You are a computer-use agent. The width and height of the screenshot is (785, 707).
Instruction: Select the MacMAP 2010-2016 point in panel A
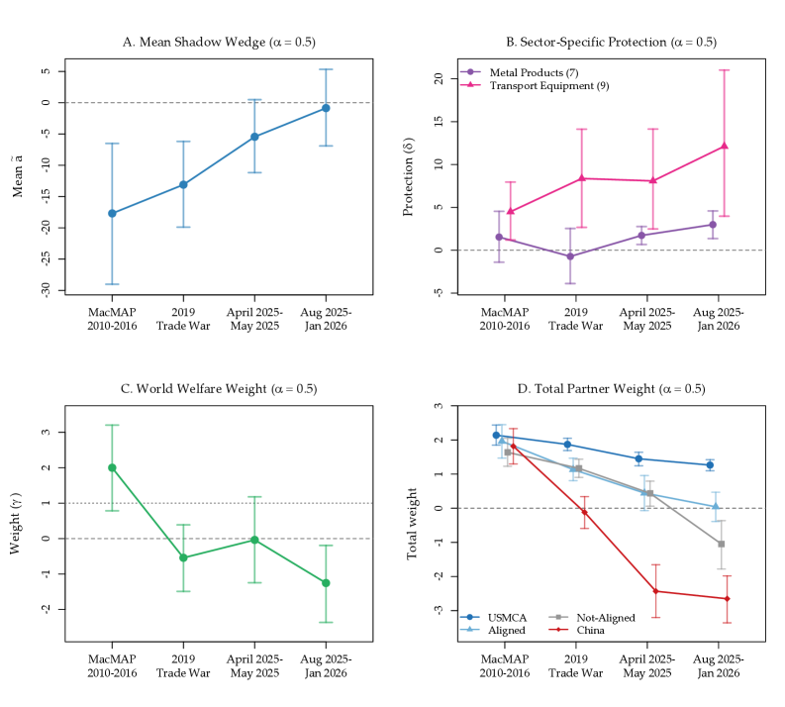(112, 213)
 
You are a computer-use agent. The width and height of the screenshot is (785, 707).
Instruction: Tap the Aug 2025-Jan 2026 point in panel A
(326, 108)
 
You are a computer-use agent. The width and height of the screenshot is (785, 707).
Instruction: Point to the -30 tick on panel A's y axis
(46, 290)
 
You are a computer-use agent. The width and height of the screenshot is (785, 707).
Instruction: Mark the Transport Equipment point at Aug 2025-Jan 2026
(725, 147)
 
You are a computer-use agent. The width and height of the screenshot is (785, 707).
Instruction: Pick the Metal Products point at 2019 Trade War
(570, 256)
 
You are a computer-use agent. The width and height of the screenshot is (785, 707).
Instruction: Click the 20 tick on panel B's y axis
(438, 79)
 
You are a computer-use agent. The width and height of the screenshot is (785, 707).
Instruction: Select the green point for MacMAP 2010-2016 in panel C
(112, 467)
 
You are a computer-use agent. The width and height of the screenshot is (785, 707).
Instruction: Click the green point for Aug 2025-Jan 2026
(326, 582)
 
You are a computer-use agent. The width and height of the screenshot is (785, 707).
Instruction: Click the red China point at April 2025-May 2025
(655, 591)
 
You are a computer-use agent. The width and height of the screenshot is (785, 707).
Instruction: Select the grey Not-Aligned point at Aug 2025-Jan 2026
(722, 544)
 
